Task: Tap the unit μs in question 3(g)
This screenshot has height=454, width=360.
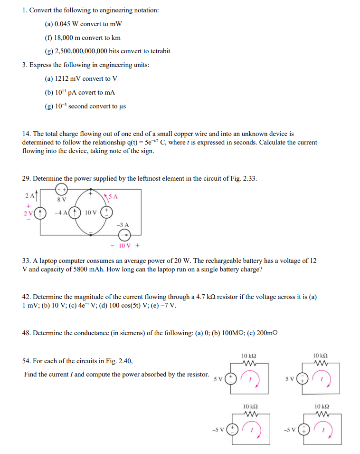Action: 122,106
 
